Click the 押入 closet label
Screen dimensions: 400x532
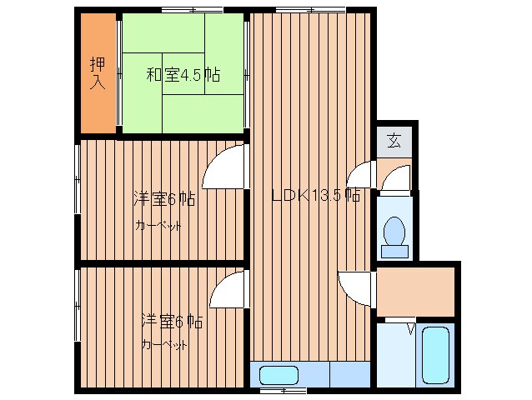tap(98, 73)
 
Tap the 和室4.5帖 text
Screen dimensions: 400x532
tap(183, 75)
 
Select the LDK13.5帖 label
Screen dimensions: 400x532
tap(317, 197)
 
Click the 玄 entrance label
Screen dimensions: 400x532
tap(394, 140)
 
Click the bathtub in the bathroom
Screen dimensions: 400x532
tap(436, 354)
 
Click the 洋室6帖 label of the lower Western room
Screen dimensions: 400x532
tap(171, 320)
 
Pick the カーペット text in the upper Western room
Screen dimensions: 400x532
tap(158, 225)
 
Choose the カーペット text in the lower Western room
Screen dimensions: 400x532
tap(164, 344)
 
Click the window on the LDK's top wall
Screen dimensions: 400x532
tap(299, 10)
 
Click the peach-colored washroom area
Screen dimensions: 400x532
tap(415, 292)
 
